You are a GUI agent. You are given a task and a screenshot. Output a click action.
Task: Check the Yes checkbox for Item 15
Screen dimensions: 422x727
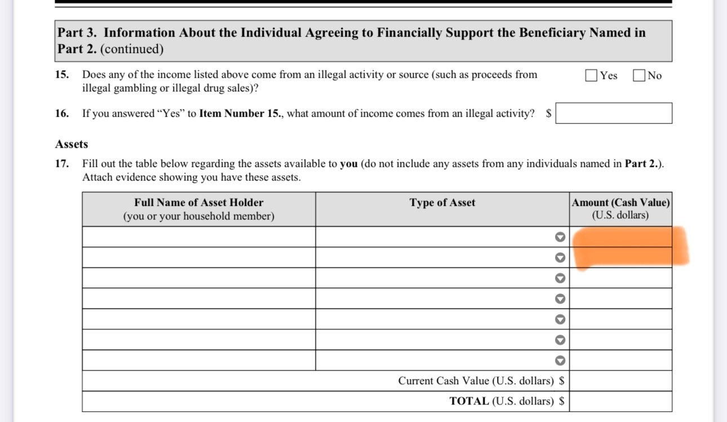pos(591,76)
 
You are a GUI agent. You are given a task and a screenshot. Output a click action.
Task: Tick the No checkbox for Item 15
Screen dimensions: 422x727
pos(639,76)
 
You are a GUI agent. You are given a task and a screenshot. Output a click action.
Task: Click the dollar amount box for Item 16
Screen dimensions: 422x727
pos(614,113)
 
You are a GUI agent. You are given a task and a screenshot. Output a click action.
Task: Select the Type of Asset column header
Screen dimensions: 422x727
pos(442,203)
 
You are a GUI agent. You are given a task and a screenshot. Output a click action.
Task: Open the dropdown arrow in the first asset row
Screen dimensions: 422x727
pos(560,237)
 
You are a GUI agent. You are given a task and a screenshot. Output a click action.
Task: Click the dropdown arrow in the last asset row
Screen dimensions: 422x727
pos(560,360)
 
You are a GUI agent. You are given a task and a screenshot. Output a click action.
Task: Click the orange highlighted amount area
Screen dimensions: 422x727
pos(626,247)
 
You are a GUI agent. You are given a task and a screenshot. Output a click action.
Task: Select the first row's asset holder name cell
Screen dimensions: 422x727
pos(198,237)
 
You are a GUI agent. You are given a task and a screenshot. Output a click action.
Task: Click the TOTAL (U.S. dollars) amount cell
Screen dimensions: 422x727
pos(620,401)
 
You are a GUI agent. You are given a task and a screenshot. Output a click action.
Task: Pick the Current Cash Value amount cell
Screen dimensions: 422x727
pos(620,381)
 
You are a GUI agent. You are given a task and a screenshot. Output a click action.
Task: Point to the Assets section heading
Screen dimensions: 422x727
pos(72,144)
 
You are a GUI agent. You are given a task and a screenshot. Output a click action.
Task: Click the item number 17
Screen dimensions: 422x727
pos(62,164)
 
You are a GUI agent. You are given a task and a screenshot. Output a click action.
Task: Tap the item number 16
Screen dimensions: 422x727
pos(62,113)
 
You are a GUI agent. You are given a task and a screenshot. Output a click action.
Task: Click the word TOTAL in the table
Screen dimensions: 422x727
pos(469,401)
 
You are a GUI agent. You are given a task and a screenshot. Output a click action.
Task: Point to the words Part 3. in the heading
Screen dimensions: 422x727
pos(77,33)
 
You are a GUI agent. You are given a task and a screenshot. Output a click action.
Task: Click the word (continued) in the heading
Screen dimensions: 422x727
pos(132,49)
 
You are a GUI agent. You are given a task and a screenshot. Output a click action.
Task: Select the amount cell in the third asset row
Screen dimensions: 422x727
pos(620,278)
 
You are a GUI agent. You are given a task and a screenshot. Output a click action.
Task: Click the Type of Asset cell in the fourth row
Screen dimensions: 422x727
pos(434,298)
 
